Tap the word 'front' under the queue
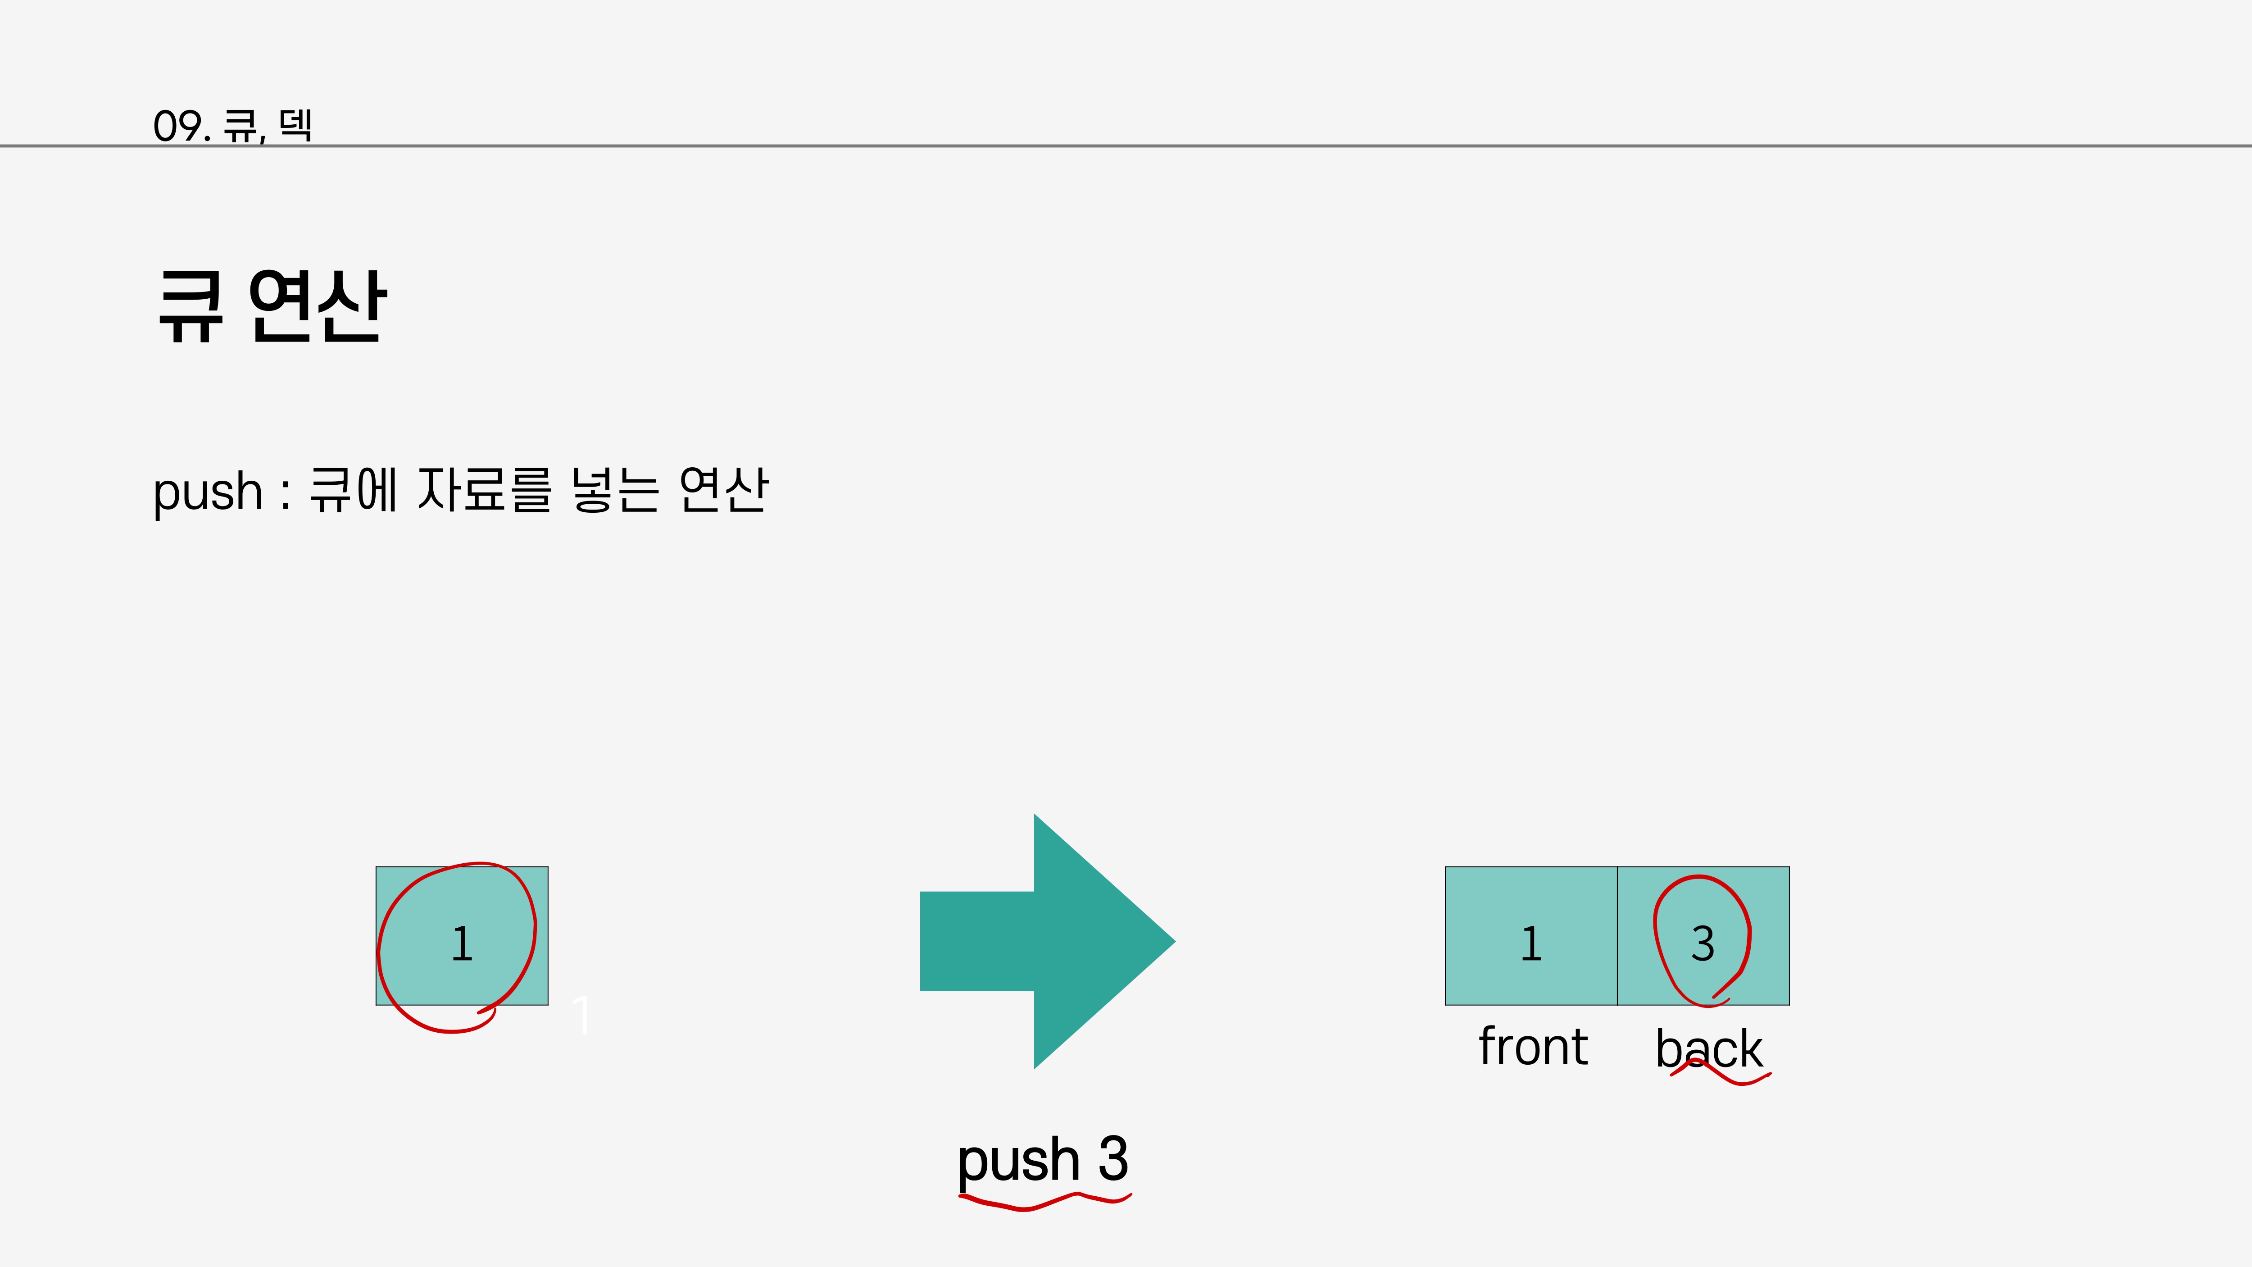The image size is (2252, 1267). click(1533, 1047)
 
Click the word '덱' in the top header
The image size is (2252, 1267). click(295, 125)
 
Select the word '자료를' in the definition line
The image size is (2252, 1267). click(483, 490)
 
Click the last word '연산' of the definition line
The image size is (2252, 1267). click(723, 490)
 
